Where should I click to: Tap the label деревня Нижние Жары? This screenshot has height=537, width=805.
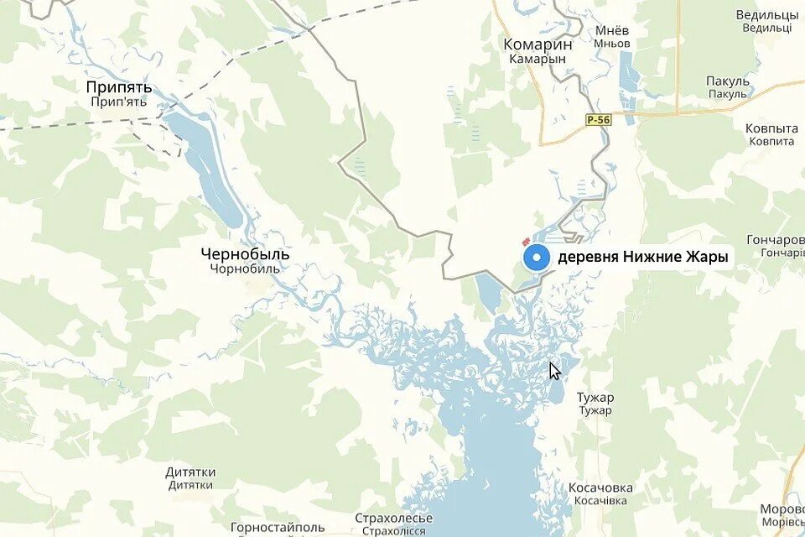(642, 258)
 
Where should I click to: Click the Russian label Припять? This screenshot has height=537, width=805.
(119, 86)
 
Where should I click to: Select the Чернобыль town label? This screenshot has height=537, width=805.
(246, 253)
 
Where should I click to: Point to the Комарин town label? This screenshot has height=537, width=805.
(538, 44)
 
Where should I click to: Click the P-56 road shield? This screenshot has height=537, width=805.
(599, 120)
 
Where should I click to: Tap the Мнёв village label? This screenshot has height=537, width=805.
(612, 30)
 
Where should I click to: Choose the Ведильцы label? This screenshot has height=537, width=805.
(766, 15)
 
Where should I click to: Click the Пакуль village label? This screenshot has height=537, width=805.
(727, 81)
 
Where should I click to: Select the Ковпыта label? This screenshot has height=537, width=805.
(771, 128)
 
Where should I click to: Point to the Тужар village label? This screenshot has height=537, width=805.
(595, 397)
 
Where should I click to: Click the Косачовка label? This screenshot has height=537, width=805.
(600, 487)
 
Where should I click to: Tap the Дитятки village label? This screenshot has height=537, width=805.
(190, 472)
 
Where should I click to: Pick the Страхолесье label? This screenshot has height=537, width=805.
(393, 518)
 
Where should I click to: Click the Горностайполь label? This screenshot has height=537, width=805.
(278, 527)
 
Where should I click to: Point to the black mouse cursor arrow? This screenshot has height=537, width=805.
(554, 370)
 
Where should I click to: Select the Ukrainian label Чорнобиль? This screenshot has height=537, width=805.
(246, 269)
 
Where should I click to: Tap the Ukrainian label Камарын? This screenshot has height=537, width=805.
(538, 60)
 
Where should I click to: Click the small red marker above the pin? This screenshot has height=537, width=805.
(526, 241)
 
